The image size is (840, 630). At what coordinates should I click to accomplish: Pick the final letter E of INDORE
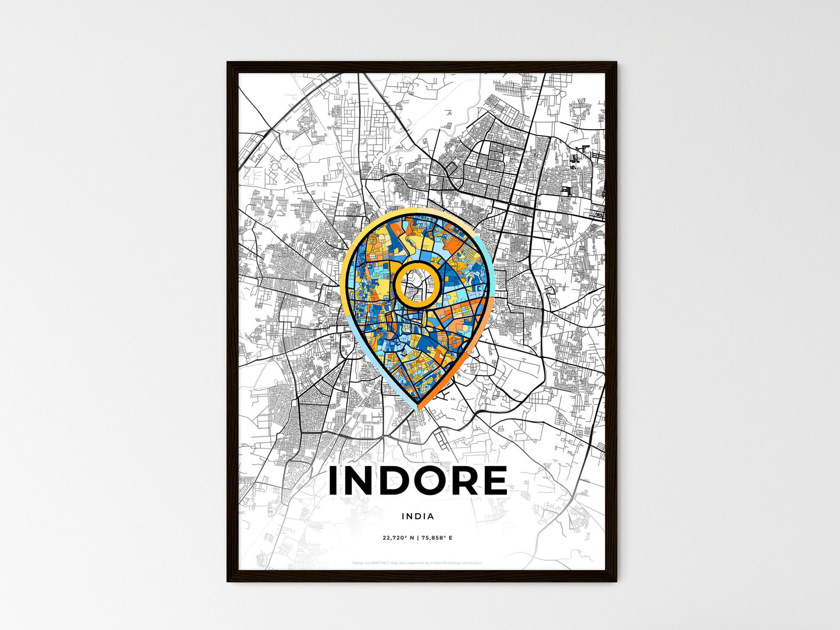(494, 481)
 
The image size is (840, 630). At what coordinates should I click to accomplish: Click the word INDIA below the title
(417, 516)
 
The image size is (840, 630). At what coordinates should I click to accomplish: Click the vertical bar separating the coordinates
(417, 538)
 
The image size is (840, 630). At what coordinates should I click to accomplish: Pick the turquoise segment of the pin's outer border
(487, 256)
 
